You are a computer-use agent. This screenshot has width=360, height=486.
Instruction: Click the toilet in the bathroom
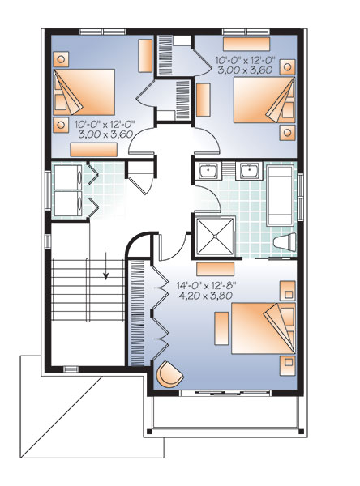tap(284, 242)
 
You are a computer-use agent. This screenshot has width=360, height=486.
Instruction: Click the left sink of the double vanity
tap(210, 171)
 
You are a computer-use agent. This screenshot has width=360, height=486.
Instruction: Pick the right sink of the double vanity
tap(247, 171)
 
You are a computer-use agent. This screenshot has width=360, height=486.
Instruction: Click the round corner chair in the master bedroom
tap(172, 375)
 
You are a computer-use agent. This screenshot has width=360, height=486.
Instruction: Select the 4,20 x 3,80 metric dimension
tap(204, 296)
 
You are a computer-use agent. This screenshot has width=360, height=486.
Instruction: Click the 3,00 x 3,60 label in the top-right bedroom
tap(246, 70)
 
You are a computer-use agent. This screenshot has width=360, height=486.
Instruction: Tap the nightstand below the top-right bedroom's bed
tap(286, 130)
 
